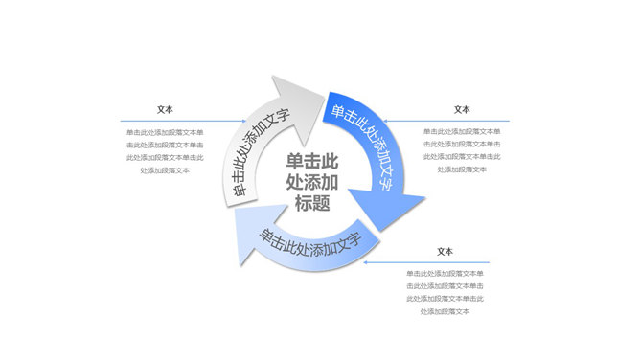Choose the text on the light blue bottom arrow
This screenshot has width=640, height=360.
point(309,244)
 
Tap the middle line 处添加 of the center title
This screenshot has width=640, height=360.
point(311,182)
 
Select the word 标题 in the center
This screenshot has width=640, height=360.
point(311,203)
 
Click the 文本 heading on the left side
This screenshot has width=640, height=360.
point(165,110)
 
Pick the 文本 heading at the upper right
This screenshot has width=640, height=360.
point(462,110)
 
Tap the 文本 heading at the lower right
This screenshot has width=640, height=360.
point(444,252)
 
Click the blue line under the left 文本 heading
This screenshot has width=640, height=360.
point(165,121)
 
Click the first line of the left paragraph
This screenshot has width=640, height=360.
point(165,132)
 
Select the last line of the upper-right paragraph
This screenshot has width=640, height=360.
point(462,169)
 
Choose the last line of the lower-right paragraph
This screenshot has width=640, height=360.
point(444,310)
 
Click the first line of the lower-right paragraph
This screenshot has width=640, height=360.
point(444,274)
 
